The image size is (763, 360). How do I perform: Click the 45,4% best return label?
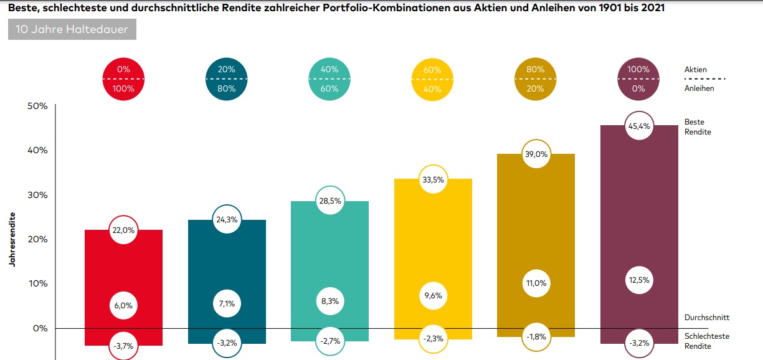tap(638, 126)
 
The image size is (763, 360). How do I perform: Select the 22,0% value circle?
tap(123, 230)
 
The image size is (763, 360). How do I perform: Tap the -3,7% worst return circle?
tap(123, 346)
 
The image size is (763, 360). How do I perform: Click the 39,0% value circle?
tap(536, 154)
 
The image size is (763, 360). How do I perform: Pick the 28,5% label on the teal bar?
tap(329, 201)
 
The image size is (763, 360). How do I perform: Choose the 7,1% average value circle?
tap(226, 305)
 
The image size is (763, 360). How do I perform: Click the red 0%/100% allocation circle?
tap(123, 79)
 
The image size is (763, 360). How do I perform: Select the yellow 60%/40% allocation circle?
tap(432, 79)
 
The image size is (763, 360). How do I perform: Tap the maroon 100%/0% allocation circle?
tap(638, 79)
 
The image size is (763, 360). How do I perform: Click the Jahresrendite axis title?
tap(12, 240)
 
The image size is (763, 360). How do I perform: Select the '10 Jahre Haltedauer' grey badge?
tap(72, 29)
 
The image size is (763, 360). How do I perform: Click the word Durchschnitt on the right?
tap(706, 318)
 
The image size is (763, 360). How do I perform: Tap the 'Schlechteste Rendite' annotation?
tap(706, 341)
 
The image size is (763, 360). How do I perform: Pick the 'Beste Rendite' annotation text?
tap(698, 126)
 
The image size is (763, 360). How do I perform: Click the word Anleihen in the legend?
tap(699, 88)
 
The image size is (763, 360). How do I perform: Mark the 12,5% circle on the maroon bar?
tap(638, 280)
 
